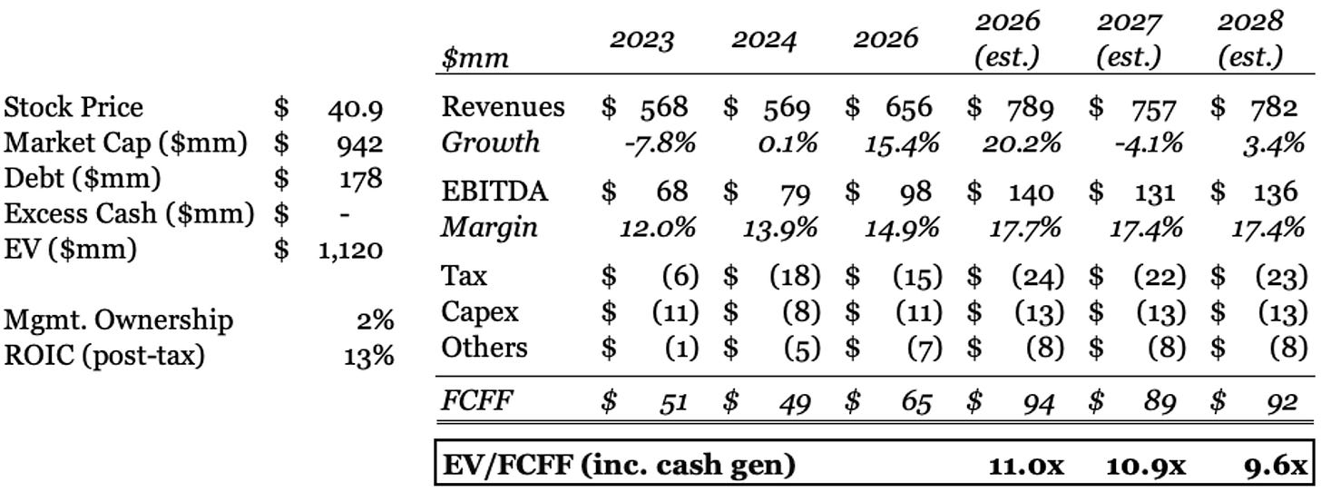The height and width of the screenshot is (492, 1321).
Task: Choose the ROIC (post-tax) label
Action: click(104, 355)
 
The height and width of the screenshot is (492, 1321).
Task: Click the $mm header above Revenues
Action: click(475, 60)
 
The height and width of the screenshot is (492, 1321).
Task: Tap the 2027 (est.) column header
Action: click(1129, 40)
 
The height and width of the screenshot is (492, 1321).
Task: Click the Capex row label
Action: click(480, 312)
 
